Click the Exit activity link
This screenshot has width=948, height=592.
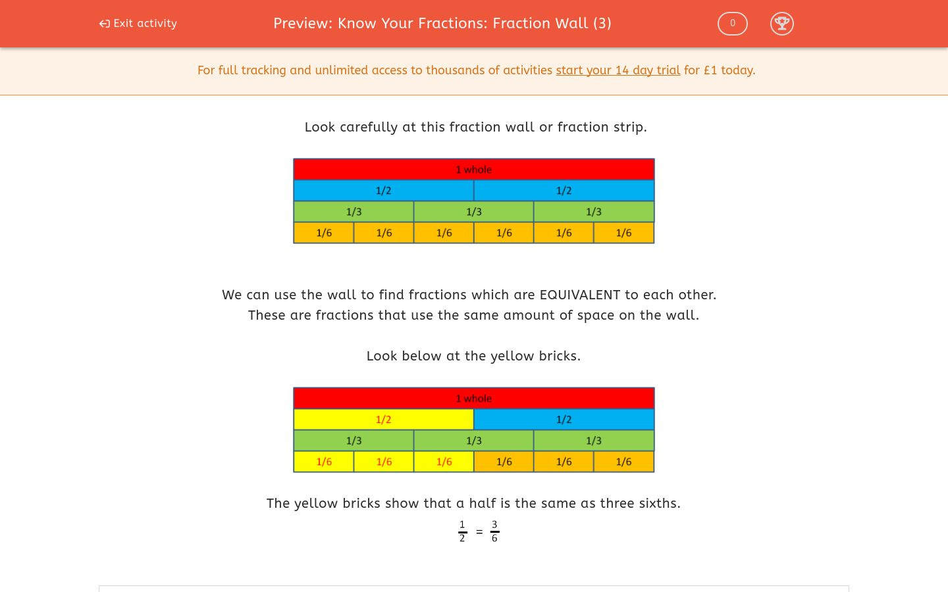[x=138, y=24]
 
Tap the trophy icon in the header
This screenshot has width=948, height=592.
[x=781, y=24]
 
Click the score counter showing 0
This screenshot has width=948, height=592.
[x=732, y=24]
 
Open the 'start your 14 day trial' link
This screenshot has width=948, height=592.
[x=618, y=70]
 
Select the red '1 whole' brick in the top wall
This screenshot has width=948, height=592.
[x=473, y=170]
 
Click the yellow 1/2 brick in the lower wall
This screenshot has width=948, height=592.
[x=383, y=420]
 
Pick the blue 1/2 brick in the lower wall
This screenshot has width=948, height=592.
[x=564, y=420]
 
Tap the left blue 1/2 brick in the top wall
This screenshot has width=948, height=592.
[x=383, y=191]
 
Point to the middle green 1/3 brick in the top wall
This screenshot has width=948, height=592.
[x=473, y=212]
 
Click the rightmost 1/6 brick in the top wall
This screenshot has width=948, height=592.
[x=623, y=233]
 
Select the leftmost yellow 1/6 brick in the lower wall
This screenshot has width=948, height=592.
[x=324, y=462]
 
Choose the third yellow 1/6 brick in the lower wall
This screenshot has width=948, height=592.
[x=444, y=462]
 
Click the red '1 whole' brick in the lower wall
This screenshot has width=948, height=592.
[x=473, y=399]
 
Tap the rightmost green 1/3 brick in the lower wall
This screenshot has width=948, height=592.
[x=593, y=441]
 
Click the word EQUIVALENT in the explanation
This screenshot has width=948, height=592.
[x=579, y=295]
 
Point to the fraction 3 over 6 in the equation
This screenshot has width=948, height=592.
[x=494, y=531]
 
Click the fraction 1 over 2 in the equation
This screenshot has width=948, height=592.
[x=462, y=531]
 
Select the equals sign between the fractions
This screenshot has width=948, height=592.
[x=479, y=531]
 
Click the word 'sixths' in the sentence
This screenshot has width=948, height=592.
[x=660, y=503]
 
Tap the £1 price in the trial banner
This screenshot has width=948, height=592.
[x=710, y=70]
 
